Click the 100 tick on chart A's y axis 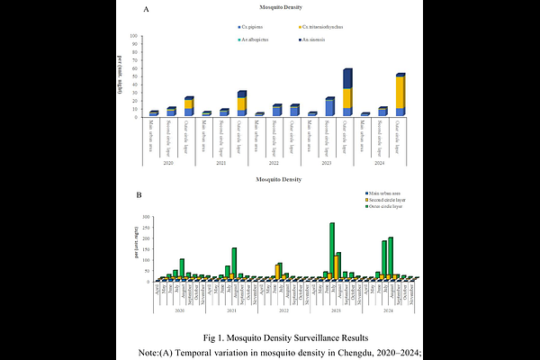point(133,37)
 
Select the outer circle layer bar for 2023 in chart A point(347,93)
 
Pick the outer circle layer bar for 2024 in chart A point(400,94)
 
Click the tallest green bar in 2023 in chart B point(332,251)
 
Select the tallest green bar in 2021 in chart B point(234,264)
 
